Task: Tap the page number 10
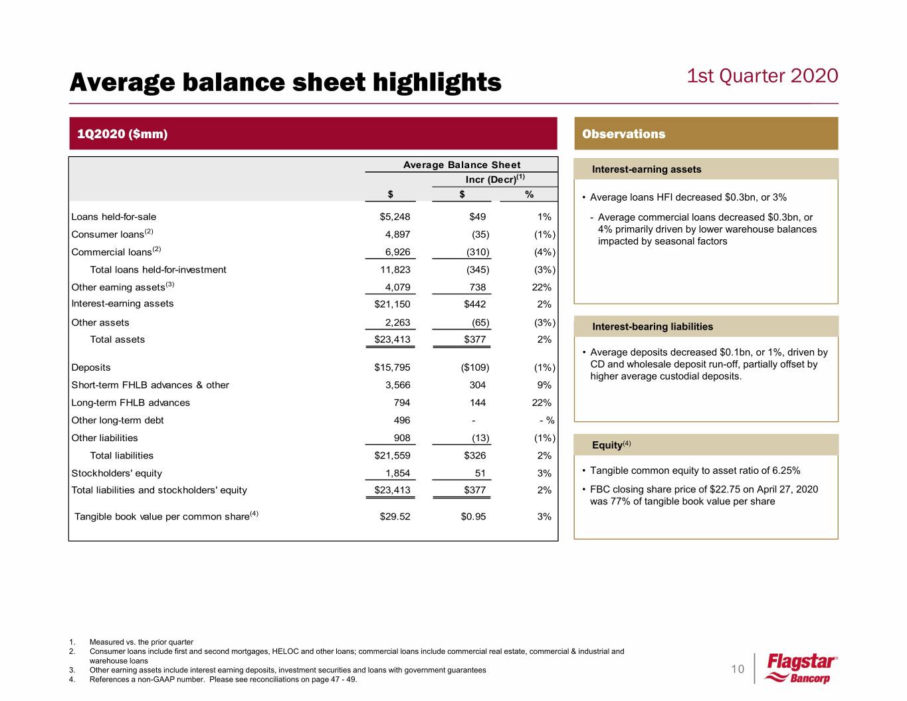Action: click(x=738, y=669)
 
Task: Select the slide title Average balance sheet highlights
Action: click(x=285, y=82)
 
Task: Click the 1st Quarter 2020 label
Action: click(x=762, y=76)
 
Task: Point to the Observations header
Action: click(x=623, y=134)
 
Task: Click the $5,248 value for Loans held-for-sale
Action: click(x=395, y=217)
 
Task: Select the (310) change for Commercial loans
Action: click(x=478, y=252)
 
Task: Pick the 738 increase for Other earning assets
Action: click(x=477, y=287)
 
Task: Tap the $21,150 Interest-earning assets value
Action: click(x=392, y=304)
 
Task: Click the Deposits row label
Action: click(x=91, y=367)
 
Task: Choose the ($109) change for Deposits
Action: click(x=474, y=367)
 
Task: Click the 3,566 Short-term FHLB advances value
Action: click(x=397, y=385)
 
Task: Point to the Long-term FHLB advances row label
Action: click(x=130, y=403)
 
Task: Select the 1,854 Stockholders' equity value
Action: click(x=397, y=473)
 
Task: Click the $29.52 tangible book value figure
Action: click(x=395, y=516)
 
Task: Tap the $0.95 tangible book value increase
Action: click(x=473, y=516)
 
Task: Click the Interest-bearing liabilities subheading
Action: click(x=652, y=326)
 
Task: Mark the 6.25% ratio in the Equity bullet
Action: click(x=786, y=470)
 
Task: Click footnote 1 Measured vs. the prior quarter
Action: click(x=141, y=642)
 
